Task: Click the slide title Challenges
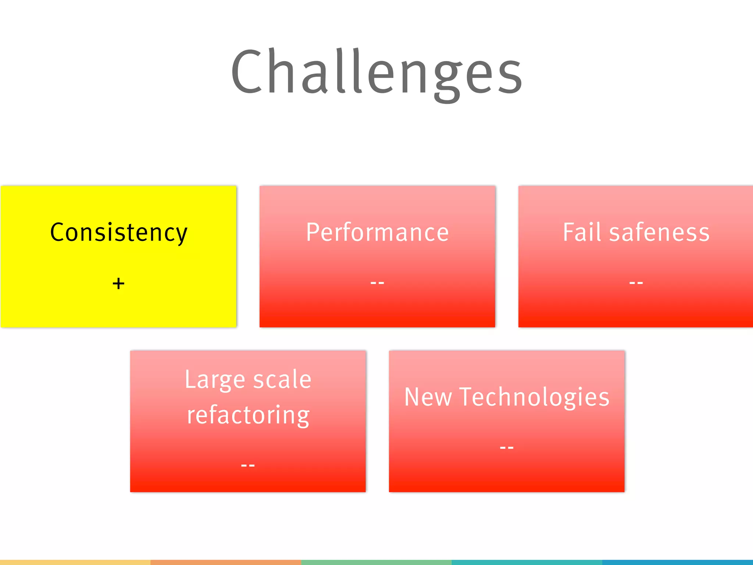tap(376, 72)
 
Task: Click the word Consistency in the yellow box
tap(118, 232)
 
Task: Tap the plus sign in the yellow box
tap(118, 284)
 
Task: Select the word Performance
tap(377, 232)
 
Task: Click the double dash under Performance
tap(377, 283)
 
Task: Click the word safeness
tap(659, 232)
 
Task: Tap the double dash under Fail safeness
tap(636, 283)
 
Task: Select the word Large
tap(214, 380)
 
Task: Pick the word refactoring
tap(248, 415)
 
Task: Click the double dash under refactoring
tap(248, 466)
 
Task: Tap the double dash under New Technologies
tap(507, 448)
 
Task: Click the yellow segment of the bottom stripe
tap(75, 562)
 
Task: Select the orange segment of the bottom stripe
tap(226, 562)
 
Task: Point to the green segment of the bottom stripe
tap(376, 562)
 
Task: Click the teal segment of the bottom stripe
tap(527, 562)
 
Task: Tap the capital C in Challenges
tap(247, 72)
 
